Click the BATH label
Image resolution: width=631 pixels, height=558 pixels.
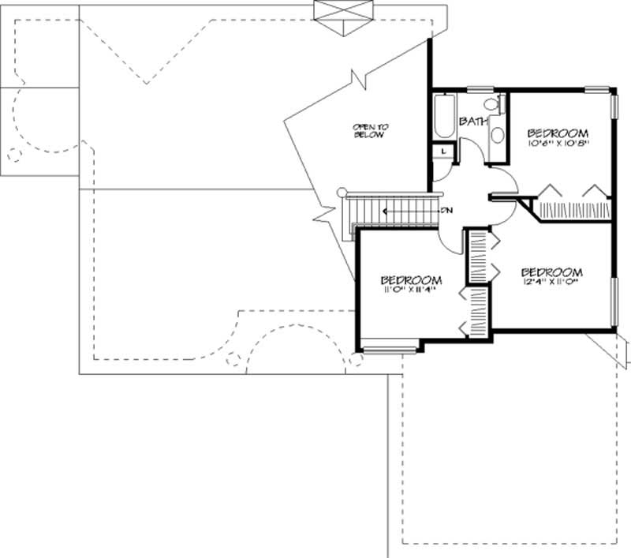pyautogui.click(x=472, y=122)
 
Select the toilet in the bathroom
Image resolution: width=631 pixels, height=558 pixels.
pyautogui.click(x=490, y=105)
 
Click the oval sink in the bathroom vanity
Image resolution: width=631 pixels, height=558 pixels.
pyautogui.click(x=498, y=135)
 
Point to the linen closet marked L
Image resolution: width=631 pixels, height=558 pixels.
pyautogui.click(x=443, y=150)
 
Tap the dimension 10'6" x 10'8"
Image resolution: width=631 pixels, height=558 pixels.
pyautogui.click(x=558, y=144)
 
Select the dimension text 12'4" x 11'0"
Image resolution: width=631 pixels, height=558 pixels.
pyautogui.click(x=552, y=281)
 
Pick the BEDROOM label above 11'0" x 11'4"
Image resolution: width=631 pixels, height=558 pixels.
pyautogui.click(x=410, y=280)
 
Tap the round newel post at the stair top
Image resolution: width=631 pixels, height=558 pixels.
pyautogui.click(x=342, y=192)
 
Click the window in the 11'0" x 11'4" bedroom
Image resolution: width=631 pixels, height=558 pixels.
pyautogui.click(x=390, y=344)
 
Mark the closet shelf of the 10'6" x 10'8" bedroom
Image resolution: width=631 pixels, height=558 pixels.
pyautogui.click(x=572, y=211)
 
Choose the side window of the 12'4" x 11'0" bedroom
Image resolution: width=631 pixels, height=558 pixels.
pyautogui.click(x=614, y=300)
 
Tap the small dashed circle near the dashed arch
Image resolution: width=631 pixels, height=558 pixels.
pyautogui.click(x=233, y=360)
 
